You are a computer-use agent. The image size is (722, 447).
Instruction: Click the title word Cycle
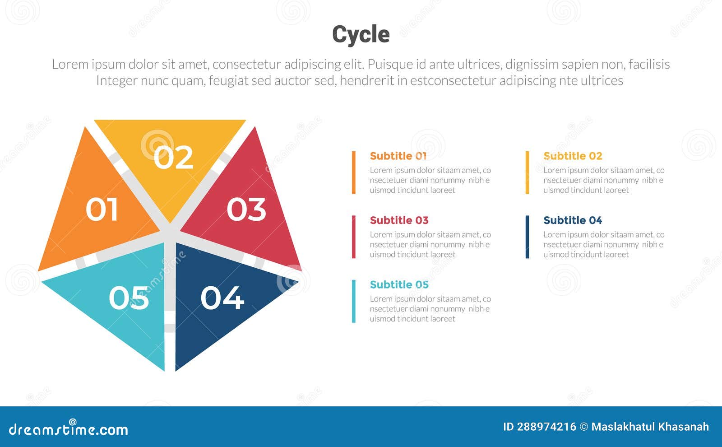tap(361, 34)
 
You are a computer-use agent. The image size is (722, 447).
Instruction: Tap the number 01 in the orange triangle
tap(102, 210)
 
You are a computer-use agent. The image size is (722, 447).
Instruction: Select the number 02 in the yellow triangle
tap(173, 157)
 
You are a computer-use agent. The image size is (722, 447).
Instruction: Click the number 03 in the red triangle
tap(246, 210)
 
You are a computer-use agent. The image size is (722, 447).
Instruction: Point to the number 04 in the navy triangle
tap(222, 298)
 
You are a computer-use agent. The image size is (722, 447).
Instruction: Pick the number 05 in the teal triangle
tap(129, 298)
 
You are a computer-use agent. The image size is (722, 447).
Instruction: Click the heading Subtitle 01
tap(398, 156)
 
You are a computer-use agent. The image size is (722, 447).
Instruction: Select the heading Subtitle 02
tap(572, 156)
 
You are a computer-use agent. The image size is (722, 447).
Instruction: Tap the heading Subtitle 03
tap(399, 220)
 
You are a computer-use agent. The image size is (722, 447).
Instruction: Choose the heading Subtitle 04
tap(572, 220)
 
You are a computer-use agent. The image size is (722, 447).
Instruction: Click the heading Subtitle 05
tap(399, 284)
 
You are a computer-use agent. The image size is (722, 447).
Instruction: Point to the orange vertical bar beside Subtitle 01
tap(354, 172)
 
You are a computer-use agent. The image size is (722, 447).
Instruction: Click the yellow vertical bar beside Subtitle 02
tap(527, 172)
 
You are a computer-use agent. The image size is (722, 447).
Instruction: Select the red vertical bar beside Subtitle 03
tap(354, 237)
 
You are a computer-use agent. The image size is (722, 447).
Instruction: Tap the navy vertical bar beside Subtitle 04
tap(527, 237)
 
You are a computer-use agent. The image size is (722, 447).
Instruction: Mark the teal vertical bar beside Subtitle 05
tap(354, 301)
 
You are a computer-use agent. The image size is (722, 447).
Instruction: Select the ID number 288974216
tap(546, 427)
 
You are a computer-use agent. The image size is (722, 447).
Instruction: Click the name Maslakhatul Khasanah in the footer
tap(650, 427)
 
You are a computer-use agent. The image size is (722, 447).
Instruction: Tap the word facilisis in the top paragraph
tap(649, 65)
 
